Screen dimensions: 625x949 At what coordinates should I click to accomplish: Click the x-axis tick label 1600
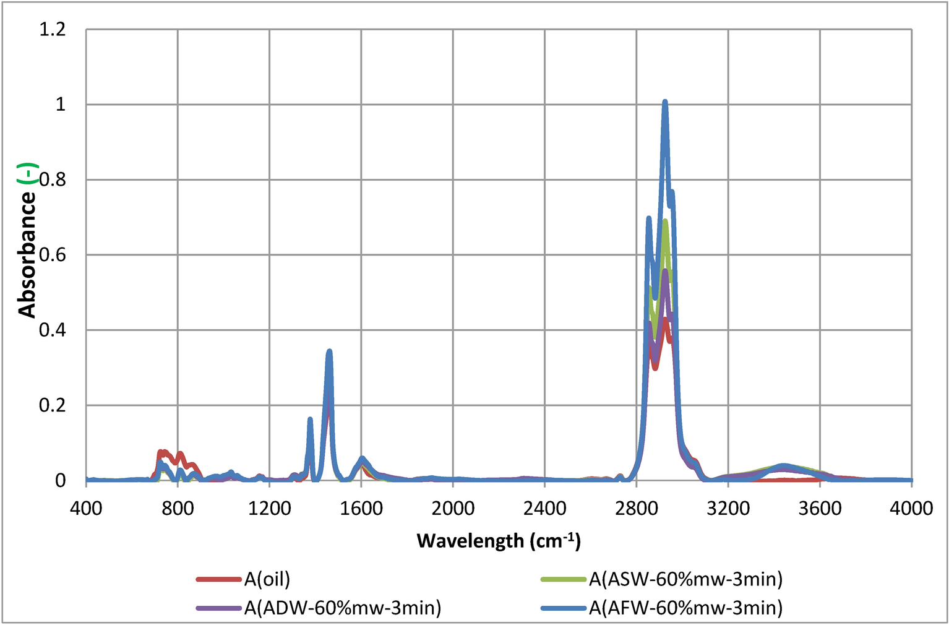(x=361, y=509)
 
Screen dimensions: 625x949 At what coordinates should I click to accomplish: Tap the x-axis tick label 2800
(x=637, y=509)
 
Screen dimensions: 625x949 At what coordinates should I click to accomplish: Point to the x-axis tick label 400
(x=86, y=509)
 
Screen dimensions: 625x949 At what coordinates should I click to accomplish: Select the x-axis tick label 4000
(x=911, y=509)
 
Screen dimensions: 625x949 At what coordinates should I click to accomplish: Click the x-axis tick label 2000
(x=453, y=509)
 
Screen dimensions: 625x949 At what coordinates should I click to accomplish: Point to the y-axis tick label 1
(x=60, y=105)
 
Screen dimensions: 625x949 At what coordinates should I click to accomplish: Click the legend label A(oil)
(x=267, y=579)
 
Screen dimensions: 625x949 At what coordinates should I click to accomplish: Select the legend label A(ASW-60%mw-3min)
(x=685, y=579)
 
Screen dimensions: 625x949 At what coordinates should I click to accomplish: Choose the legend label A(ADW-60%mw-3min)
(x=343, y=608)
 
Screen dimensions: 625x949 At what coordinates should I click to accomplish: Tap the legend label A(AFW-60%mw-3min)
(x=685, y=608)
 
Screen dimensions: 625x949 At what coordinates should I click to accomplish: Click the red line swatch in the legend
(x=218, y=580)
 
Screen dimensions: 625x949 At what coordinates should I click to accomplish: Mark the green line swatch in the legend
(x=563, y=580)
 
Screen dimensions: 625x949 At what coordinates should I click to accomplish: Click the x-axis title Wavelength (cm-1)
(x=499, y=541)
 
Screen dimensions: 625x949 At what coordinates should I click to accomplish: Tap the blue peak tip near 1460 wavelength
(x=329, y=351)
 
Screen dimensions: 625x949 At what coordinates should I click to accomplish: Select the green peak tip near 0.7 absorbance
(x=665, y=221)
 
